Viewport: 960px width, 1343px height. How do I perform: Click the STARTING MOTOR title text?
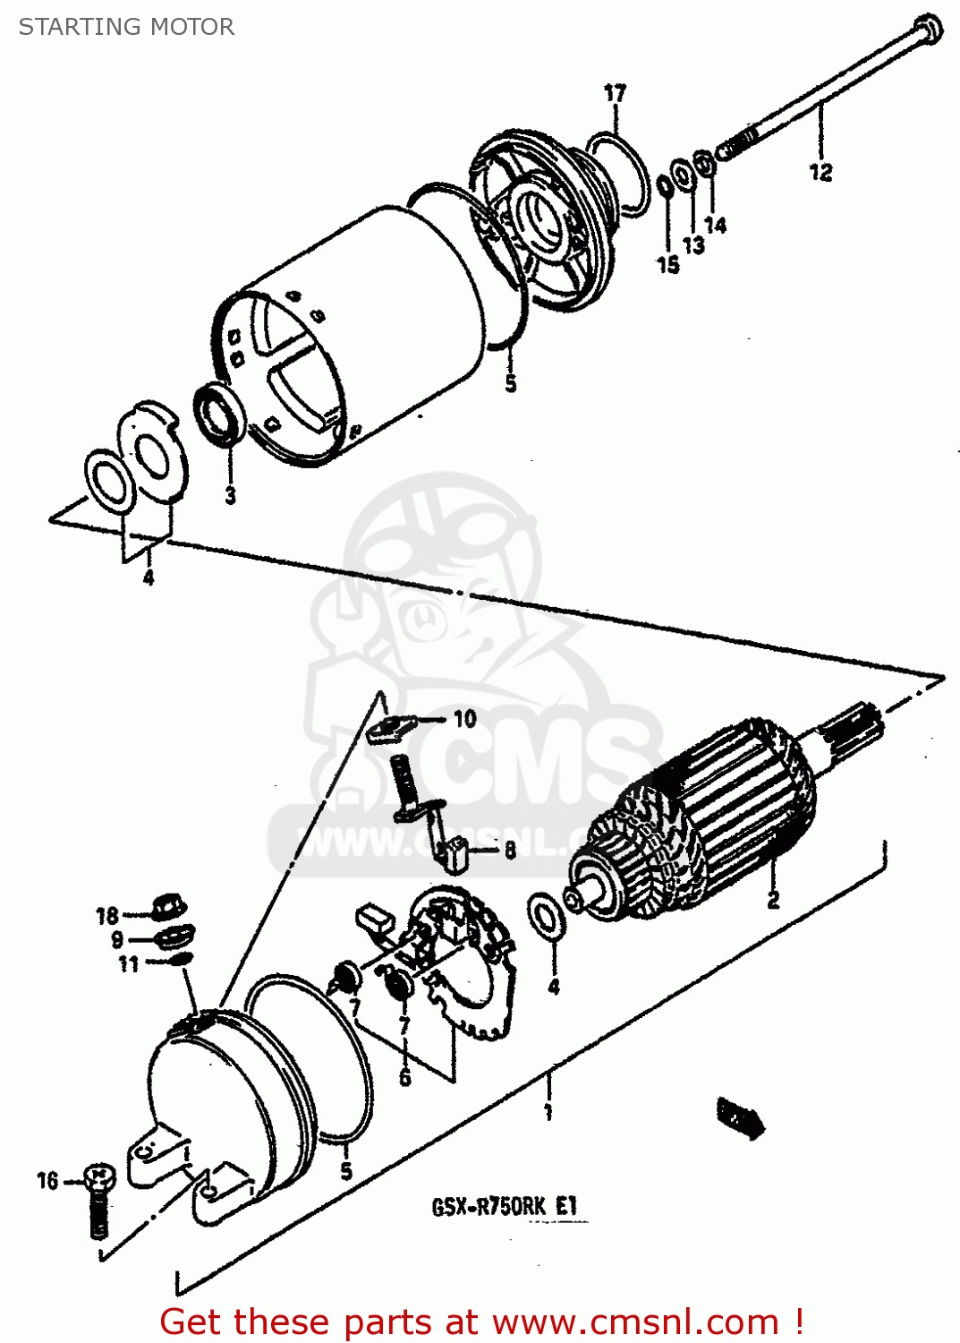point(126,27)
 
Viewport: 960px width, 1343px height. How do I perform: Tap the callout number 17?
point(615,93)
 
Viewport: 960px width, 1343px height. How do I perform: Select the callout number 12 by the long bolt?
point(820,172)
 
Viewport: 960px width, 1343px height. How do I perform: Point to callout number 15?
point(667,265)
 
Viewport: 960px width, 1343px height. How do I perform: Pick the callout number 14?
point(715,225)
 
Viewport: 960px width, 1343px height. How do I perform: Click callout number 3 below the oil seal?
point(230,495)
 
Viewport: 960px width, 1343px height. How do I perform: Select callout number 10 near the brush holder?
point(464,719)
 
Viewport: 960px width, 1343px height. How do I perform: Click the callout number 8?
point(509,850)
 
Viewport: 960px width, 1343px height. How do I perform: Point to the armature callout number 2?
point(773,899)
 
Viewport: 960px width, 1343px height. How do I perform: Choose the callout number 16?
point(47,1181)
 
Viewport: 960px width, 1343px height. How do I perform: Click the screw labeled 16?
point(98,1200)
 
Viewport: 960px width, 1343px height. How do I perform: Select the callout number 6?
point(404,1077)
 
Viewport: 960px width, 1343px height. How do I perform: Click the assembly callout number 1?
point(548,1112)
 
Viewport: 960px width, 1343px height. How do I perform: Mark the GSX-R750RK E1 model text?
point(505,1207)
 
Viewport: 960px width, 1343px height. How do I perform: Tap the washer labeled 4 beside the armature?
point(545,916)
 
